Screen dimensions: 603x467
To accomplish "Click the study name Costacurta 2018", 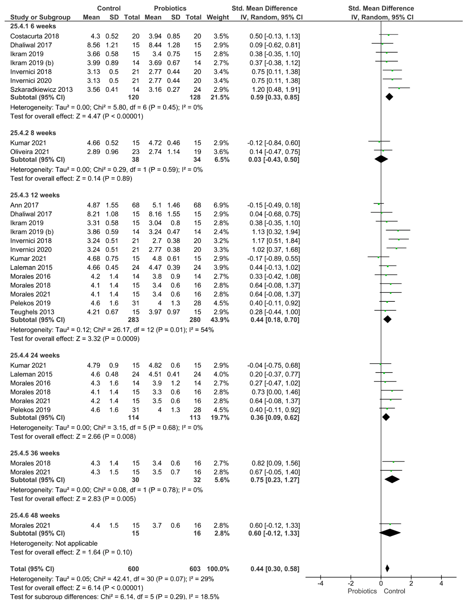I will [x=34, y=36].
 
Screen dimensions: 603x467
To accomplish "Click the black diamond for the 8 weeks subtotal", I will [x=381, y=159].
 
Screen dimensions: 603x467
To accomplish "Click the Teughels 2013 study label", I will [x=32, y=312].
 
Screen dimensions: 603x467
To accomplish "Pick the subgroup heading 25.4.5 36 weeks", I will [x=35, y=453].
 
